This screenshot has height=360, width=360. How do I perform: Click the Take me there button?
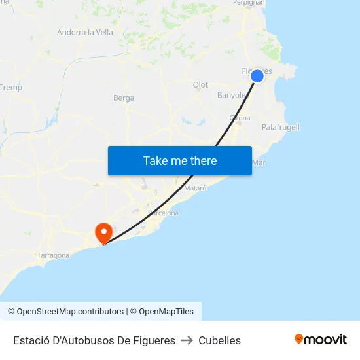180,161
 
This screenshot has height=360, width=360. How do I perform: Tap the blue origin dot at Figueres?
257,76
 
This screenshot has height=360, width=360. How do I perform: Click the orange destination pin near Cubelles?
103,233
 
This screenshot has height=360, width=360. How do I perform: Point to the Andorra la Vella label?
85,32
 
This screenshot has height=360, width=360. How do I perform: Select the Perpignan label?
249,3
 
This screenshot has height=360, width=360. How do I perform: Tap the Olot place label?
200,85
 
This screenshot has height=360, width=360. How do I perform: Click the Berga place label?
124,98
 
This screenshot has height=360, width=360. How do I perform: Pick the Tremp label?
11,87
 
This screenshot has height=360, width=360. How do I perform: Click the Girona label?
240,118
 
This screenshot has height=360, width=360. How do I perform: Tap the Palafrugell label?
280,127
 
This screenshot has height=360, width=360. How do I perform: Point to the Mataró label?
195,188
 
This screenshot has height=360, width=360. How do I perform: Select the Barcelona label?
163,213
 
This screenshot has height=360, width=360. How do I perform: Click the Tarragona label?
53,255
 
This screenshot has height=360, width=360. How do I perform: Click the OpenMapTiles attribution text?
166,312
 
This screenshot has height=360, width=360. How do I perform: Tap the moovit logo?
321,339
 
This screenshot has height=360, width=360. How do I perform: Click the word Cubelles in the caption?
220,340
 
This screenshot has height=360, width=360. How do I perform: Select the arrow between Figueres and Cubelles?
187,340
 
